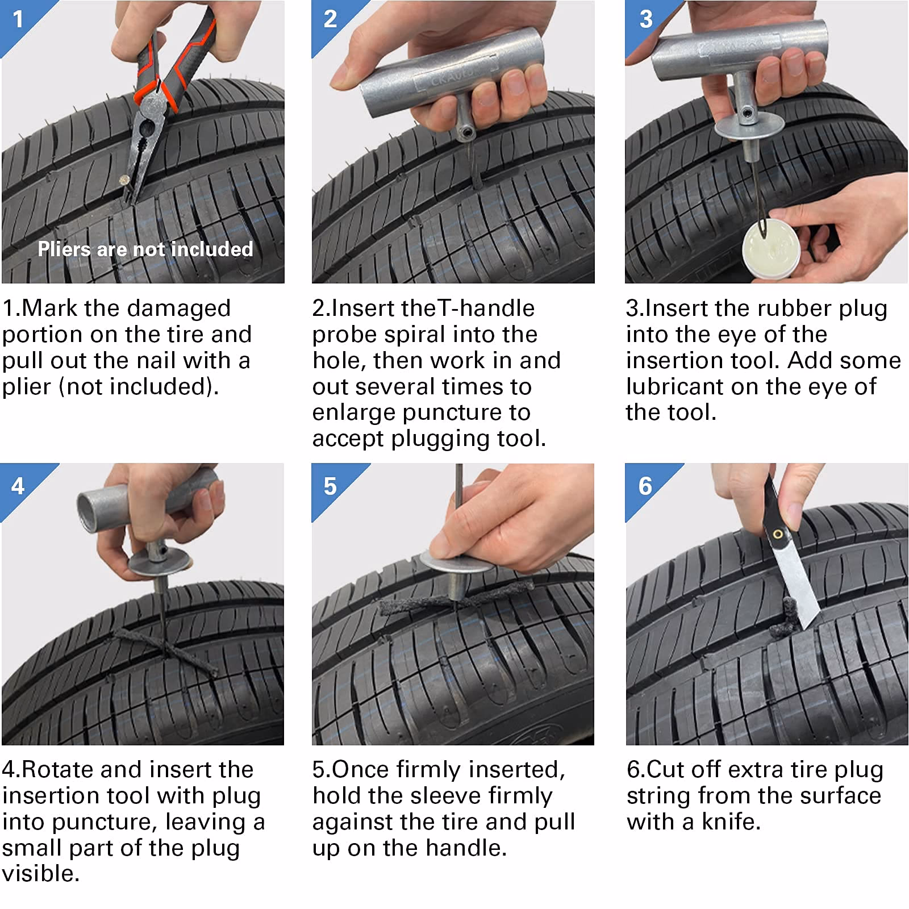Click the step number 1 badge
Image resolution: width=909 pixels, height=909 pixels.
tap(18, 19)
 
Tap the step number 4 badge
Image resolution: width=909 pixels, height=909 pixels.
tap(18, 486)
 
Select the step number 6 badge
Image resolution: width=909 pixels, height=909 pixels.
tap(645, 486)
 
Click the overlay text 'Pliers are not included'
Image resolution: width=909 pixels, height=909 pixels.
tap(145, 249)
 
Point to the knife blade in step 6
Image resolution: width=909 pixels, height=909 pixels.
tap(798, 585)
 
